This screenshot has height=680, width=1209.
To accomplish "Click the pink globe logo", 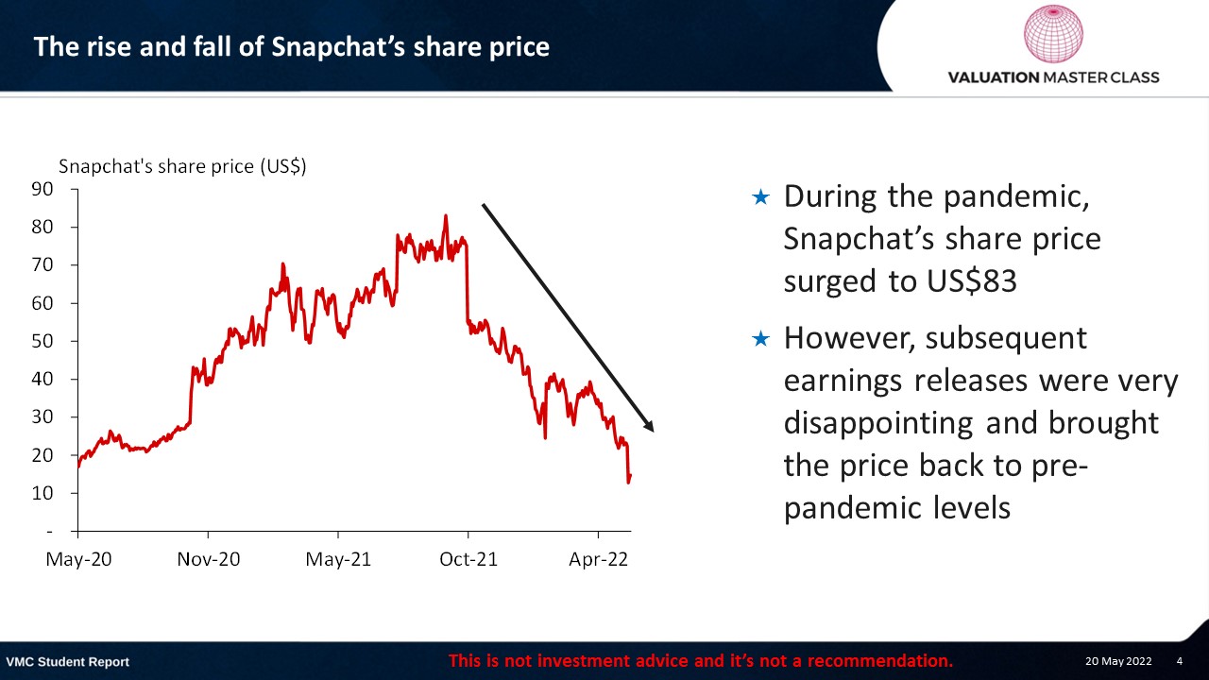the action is click(x=1053, y=33).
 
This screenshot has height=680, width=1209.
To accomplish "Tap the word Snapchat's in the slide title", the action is click(x=338, y=47).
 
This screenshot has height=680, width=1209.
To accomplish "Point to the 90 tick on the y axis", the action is click(x=43, y=189).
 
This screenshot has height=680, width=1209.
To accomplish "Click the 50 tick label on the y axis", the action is click(x=43, y=341).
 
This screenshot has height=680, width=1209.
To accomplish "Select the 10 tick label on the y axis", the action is click(x=43, y=493).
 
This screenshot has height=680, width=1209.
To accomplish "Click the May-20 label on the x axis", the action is click(x=78, y=559).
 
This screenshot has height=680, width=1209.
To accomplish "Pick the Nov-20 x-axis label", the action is click(x=209, y=559).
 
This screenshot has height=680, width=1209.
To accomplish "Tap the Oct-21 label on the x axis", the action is click(x=468, y=559).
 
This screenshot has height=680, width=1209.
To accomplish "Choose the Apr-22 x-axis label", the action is click(x=599, y=559).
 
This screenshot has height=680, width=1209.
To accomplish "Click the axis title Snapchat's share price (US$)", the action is click(x=182, y=166).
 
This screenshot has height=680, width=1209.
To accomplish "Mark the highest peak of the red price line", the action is click(x=445, y=216).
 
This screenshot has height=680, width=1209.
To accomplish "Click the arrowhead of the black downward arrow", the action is click(x=648, y=426).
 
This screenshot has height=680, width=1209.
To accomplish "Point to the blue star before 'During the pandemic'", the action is click(x=760, y=197).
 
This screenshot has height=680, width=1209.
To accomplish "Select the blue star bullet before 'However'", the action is click(x=760, y=339).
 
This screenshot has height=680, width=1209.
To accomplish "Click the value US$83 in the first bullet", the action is click(x=972, y=281).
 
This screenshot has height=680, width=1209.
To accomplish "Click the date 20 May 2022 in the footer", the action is click(x=1118, y=661).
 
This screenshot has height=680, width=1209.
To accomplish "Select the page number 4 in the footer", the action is click(x=1180, y=661).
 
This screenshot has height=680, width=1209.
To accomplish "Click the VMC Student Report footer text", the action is click(x=67, y=662).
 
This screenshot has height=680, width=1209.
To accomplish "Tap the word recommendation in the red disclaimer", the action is click(x=879, y=661).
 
